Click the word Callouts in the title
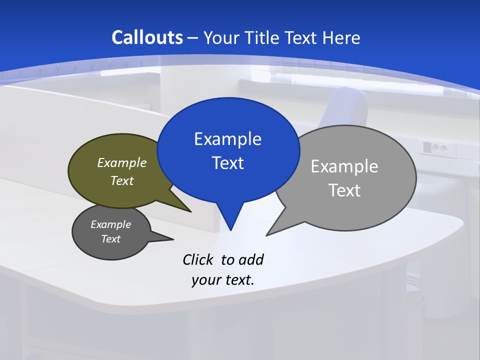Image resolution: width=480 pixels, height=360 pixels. point(147,37)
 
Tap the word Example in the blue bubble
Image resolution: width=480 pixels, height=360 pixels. point(227,139)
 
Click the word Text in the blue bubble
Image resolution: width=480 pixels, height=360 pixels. point(227,163)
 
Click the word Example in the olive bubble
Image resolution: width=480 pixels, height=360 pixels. point(122,162)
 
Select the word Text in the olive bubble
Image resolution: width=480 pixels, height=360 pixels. point(122,180)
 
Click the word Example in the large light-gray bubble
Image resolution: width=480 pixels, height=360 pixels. point(344,166)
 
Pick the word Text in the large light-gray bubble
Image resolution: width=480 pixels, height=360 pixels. point(344,190)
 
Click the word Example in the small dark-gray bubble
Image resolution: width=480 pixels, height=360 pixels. point(111,224)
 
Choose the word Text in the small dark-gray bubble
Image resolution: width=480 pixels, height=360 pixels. point(111,239)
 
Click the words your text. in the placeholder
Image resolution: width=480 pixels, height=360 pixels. point(223,280)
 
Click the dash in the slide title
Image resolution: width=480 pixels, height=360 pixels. point(193,37)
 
